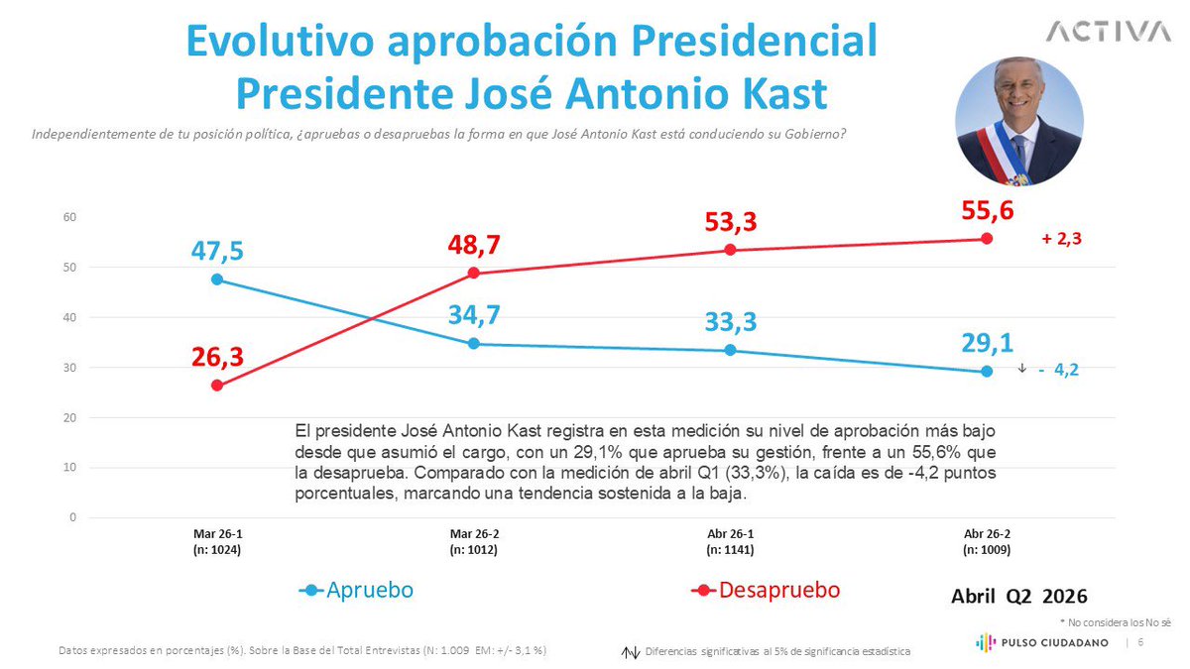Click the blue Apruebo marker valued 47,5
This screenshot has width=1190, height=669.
click(217, 279)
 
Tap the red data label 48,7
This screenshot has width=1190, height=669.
click(473, 245)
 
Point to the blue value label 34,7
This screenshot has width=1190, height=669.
click(474, 315)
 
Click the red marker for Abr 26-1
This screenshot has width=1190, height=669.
click(730, 250)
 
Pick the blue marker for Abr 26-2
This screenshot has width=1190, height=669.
click(987, 371)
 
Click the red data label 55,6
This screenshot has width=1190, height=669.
click(988, 210)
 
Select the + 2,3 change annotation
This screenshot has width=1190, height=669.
click(1061, 239)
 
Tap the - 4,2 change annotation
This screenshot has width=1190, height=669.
click(1059, 369)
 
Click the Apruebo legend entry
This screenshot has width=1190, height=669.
click(356, 590)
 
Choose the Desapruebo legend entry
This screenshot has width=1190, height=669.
click(766, 590)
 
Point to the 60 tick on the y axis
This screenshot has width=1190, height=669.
click(69, 217)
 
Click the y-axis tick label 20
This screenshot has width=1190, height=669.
click(69, 417)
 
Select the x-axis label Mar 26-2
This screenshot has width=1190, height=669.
click(474, 534)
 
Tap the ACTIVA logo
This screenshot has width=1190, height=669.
click(1109, 32)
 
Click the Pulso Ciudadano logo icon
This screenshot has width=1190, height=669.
click(986, 642)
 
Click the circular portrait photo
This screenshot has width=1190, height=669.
click(1019, 121)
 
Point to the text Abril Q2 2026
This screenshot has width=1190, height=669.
click(1019, 597)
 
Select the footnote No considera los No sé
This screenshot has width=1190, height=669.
click(1115, 622)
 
